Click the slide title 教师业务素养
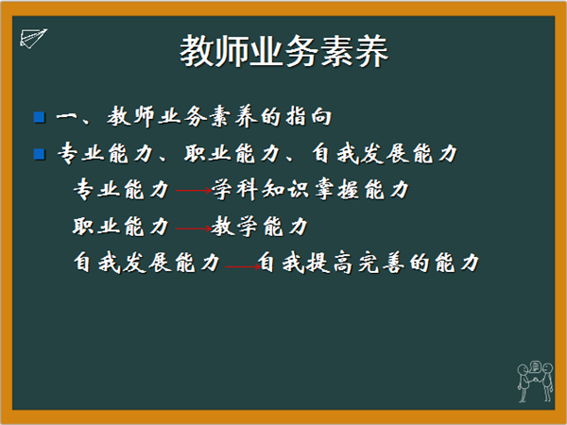pos(283,51)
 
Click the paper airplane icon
pos(33,39)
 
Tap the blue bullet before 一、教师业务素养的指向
pos(39,117)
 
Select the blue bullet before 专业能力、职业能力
pos(39,154)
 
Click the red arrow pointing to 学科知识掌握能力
pos(194,191)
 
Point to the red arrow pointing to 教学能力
pos(194,229)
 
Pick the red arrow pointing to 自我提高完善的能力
pos(243,267)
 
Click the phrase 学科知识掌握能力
pos(310,190)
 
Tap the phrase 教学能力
pos(260,227)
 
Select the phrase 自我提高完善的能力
pos(369,263)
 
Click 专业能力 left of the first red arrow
pos(122,190)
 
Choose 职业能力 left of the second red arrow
pos(122,227)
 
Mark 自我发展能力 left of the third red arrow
pos(147,263)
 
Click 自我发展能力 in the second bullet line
pos(386,154)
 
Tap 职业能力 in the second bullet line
pos(232,154)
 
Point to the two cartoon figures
pos(535,383)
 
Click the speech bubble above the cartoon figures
pos(535,366)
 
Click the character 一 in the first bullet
pos(66,117)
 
